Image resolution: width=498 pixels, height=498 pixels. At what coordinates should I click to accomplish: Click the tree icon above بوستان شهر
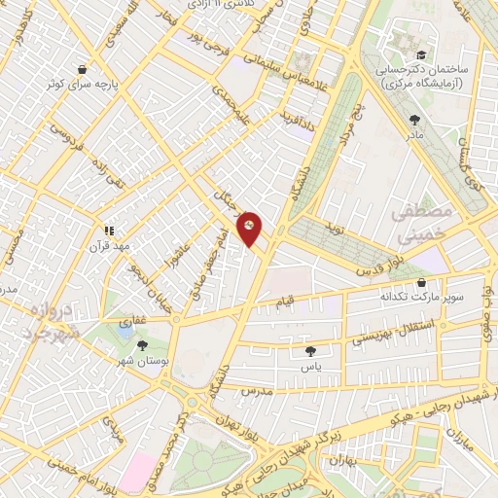coord(143,344)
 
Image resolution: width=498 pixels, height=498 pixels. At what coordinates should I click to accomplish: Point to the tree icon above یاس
coord(310,351)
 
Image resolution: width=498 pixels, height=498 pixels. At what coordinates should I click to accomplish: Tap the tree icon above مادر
coord(415,120)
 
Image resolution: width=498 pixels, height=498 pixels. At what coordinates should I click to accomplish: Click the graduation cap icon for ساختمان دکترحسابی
coord(420,55)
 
